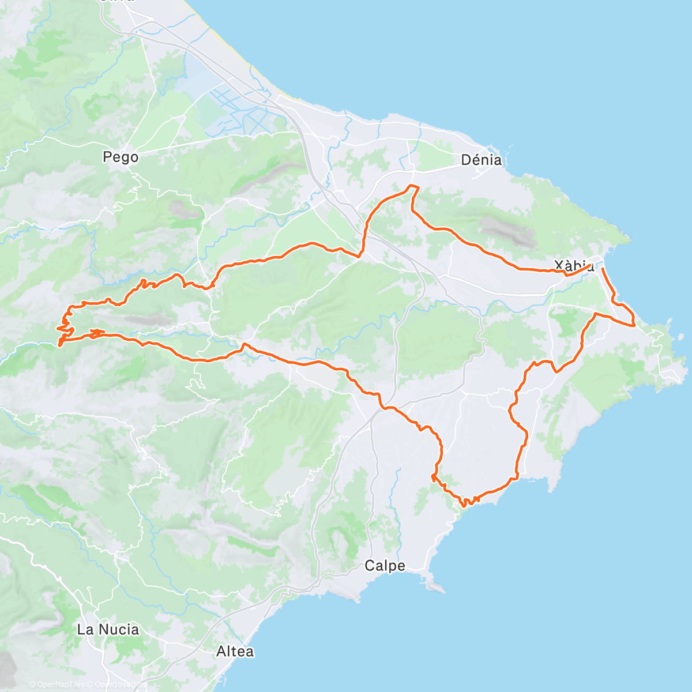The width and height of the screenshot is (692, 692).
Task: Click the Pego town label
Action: [121, 157]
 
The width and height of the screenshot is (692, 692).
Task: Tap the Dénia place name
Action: [481, 160]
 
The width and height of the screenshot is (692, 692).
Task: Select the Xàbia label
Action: [574, 266]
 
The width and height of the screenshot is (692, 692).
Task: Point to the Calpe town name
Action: [385, 566]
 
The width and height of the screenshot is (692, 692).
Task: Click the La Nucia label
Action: [108, 629]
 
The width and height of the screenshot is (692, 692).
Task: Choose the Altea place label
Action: [235, 652]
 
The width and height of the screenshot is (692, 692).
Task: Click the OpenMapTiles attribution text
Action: [57, 685]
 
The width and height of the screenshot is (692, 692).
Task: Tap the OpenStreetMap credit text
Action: [121, 685]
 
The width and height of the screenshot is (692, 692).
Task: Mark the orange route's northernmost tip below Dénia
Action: [412, 186]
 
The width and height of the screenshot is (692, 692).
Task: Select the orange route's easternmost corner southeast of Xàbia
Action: [634, 325]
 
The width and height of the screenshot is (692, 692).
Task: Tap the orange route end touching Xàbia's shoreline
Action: [603, 269]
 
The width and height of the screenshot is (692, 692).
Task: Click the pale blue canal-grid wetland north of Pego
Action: [242, 110]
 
